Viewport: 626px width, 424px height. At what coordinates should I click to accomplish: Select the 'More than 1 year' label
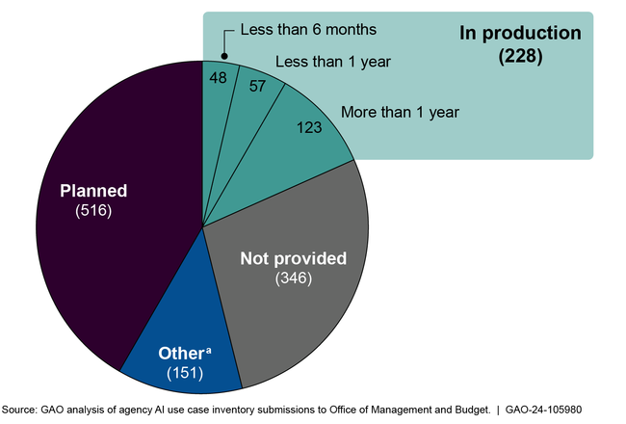point(400,112)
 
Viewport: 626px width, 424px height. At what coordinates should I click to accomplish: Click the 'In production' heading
point(521,33)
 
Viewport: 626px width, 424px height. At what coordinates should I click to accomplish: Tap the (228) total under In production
point(521,56)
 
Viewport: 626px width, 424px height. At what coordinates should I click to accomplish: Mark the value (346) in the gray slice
point(293,279)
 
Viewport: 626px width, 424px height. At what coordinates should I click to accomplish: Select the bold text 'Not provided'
point(293,258)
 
